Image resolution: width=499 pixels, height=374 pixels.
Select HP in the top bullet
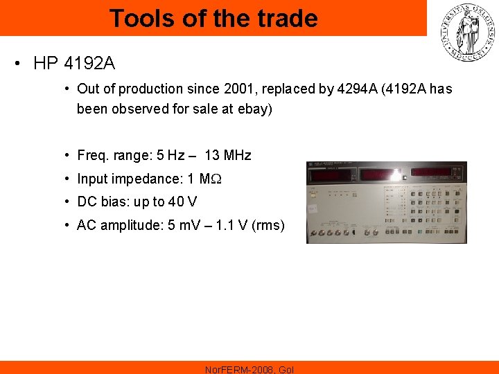tap(46, 64)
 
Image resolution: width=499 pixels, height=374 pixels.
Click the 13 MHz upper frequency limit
tap(228, 155)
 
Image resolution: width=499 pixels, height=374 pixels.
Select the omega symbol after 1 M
tap(216, 179)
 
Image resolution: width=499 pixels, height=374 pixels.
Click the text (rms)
tap(268, 225)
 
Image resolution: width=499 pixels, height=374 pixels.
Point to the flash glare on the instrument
tap(395, 175)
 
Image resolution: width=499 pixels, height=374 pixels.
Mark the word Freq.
tap(92, 155)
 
